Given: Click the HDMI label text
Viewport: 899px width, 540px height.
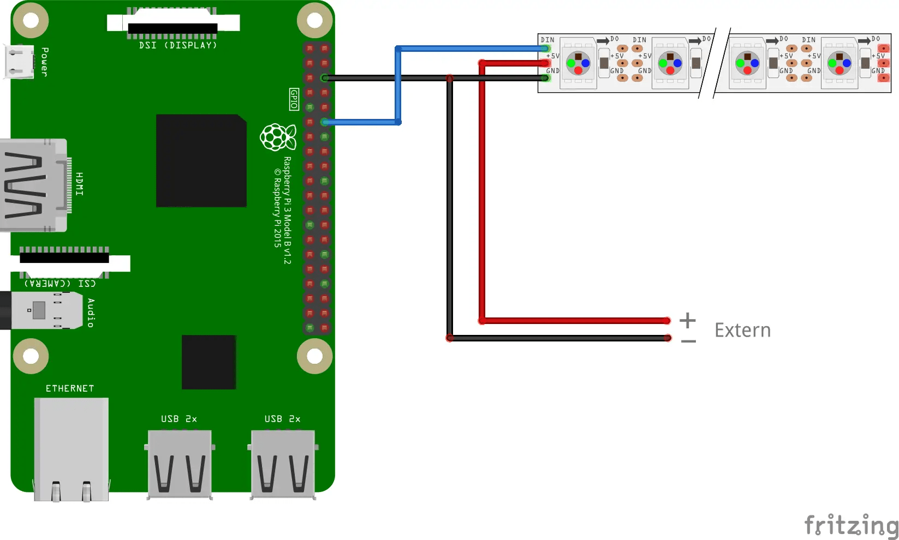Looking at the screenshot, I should point(80,184).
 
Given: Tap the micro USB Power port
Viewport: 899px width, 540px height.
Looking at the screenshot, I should point(19,62).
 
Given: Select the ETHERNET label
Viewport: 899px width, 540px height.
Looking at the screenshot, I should point(70,388).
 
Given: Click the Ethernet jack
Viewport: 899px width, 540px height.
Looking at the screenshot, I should point(71,448).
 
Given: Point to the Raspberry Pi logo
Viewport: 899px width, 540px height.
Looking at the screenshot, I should point(278,137).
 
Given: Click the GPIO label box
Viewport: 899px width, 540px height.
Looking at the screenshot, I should point(294,99).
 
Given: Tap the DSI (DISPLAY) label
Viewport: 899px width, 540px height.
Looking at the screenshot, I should point(178,45).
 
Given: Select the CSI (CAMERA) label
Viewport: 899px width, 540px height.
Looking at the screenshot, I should point(60,283).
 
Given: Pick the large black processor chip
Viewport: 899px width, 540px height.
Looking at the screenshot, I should point(201,160).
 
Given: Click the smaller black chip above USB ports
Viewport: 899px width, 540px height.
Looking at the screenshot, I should point(209,362).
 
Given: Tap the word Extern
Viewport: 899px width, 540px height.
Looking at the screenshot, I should point(742,331).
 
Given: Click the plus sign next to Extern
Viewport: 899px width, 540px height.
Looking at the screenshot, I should point(688,320).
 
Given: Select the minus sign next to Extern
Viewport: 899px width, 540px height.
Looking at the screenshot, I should point(688,341).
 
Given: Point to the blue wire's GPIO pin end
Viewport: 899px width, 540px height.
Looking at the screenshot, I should point(325,122).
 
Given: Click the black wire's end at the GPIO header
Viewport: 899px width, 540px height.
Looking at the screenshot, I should point(325,78).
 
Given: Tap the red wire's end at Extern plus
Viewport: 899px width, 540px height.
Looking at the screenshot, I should point(666,321).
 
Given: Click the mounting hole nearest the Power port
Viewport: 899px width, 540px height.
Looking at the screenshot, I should point(31,21).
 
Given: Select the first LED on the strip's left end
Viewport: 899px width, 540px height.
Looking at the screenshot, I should point(578,63).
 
